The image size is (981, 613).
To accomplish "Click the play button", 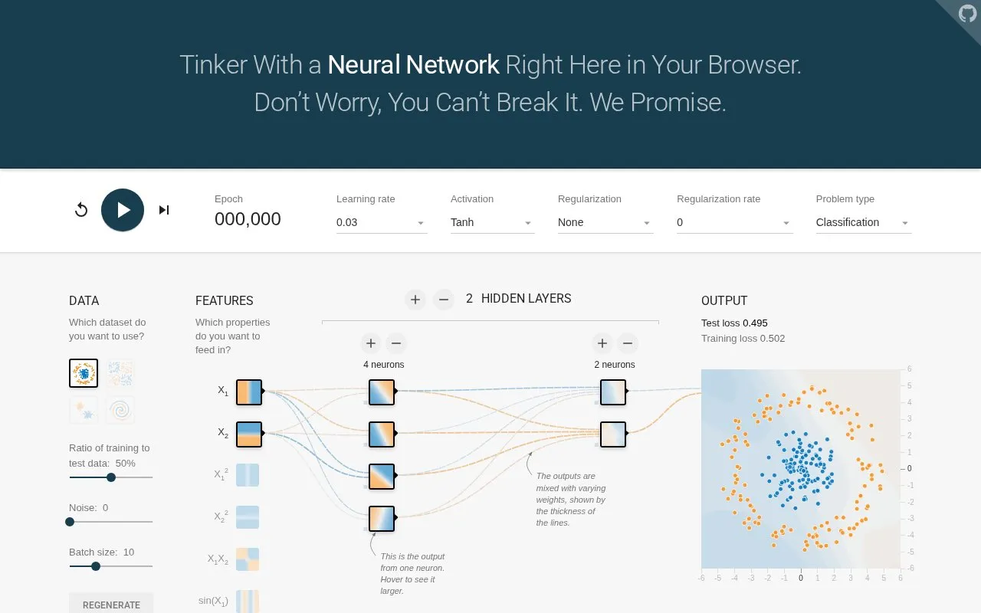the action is coord(123,210).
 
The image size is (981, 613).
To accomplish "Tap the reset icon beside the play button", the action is coord(81,210).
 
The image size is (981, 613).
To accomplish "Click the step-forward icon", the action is coord(164,210).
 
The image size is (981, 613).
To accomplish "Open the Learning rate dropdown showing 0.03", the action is coord(382,222).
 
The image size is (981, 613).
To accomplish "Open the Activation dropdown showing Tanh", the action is coord(492,222).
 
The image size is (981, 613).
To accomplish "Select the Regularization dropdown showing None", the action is coord(605,222).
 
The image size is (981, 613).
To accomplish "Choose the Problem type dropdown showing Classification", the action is coord(864,222).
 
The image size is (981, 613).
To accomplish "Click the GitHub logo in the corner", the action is coord(967,14).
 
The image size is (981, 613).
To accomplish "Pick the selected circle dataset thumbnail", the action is coord(84,373).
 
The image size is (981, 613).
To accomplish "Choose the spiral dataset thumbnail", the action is coord(120,410).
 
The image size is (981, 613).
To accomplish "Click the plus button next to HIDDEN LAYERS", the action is coord(415,300).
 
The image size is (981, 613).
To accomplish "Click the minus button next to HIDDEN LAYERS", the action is coord(443,300).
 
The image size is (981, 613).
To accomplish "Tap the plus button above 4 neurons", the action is coord(371,343).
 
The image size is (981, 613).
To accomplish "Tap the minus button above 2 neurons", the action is coord(628,343).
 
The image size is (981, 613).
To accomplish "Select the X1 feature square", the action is coord(249,392).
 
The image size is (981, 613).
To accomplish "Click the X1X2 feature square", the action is coord(248,559).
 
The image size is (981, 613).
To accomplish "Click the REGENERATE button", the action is coord(111,605).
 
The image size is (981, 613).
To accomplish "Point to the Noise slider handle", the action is coord(70,522).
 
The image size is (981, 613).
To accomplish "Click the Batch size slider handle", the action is coord(96,566).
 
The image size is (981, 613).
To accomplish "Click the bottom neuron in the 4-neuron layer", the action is coord(382,519).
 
